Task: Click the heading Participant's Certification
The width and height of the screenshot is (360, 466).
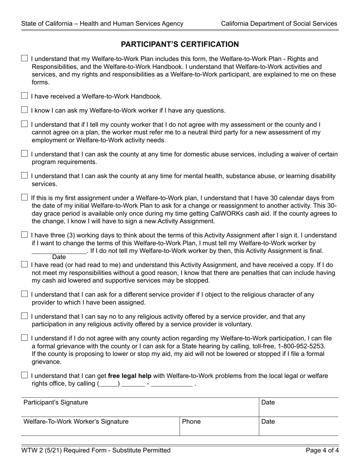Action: click(x=180, y=44)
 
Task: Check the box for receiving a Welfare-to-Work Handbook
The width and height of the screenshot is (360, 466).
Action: click(x=25, y=96)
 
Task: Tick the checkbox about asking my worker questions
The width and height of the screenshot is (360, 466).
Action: click(x=25, y=110)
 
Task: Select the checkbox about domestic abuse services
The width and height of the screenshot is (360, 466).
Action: click(x=25, y=153)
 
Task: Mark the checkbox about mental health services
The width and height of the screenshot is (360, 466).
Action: click(x=25, y=175)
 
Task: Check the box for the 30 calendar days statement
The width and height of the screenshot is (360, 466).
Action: click(x=25, y=197)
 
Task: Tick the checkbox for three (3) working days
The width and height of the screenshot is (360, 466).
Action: click(x=25, y=235)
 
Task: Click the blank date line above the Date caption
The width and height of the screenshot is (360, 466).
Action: click(x=59, y=251)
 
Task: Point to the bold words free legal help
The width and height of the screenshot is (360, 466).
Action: click(x=130, y=376)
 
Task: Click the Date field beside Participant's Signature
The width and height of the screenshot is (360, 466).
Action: click(x=299, y=407)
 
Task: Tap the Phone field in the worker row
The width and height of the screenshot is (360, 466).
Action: click(x=219, y=426)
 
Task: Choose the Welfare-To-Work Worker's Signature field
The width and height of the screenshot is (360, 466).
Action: click(x=100, y=426)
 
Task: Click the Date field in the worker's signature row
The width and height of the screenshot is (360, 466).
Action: click(x=299, y=426)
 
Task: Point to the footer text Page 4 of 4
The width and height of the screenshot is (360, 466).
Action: click(x=322, y=450)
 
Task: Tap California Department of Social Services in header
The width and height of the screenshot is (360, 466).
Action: click(x=279, y=23)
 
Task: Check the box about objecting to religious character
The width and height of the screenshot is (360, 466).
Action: click(x=25, y=294)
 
